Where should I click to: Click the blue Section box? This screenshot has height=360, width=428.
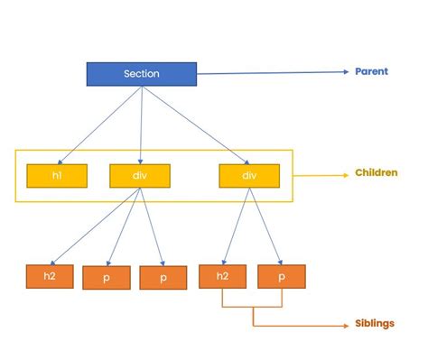(141, 74)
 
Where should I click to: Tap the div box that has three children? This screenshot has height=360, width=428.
(139, 175)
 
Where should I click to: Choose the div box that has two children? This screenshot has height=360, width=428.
(249, 175)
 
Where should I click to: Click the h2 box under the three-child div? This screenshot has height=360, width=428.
(50, 275)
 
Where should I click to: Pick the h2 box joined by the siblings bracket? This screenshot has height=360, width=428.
(222, 275)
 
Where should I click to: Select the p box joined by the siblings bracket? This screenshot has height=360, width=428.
(281, 275)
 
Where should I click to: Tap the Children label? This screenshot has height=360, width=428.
(377, 171)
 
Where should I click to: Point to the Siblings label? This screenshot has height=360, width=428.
(374, 323)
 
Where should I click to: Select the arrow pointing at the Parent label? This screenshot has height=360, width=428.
(271, 71)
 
